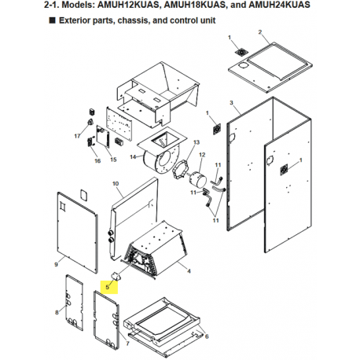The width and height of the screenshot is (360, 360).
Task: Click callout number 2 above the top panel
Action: pyautogui.click(x=259, y=32)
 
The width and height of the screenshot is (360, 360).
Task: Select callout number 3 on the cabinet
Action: pyautogui.click(x=231, y=104)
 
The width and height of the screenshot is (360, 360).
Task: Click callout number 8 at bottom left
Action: pyautogui.click(x=57, y=314)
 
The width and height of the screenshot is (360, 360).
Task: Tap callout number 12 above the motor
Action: pyautogui.click(x=202, y=155)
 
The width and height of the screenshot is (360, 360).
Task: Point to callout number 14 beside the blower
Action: pyautogui.click(x=134, y=156)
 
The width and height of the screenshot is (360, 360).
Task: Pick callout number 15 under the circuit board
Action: pyautogui.click(x=113, y=159)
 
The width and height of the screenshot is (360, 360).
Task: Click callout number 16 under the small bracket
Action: pyautogui.click(x=97, y=161)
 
